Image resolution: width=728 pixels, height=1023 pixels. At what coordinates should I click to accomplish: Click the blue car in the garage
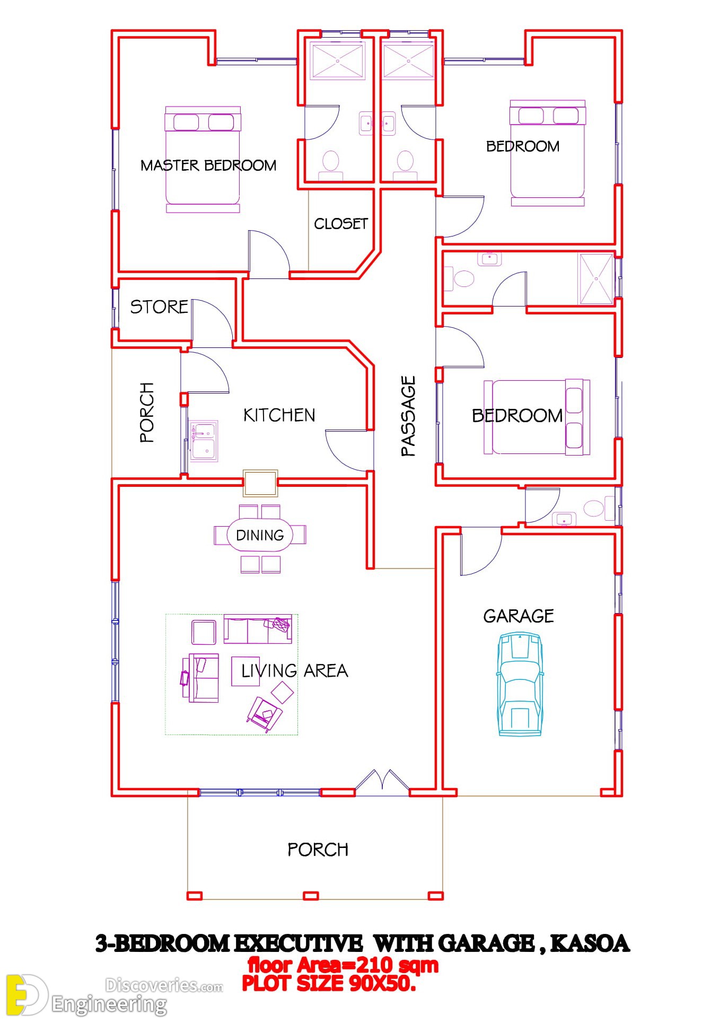pyautogui.click(x=520, y=684)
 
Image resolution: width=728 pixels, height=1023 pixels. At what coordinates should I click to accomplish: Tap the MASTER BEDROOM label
pyautogui.click(x=208, y=165)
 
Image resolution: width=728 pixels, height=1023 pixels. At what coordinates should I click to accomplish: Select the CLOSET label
pyautogui.click(x=341, y=224)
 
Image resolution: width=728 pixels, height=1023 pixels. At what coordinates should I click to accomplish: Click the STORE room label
pyautogui.click(x=159, y=307)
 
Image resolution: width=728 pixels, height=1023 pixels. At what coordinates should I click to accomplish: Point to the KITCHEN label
pyautogui.click(x=279, y=415)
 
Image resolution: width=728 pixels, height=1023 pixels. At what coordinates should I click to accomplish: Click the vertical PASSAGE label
pyautogui.click(x=408, y=416)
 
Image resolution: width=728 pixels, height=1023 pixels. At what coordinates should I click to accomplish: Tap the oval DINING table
pyautogui.click(x=260, y=535)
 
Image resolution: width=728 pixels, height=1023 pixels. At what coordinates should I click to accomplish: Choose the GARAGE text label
pyautogui.click(x=519, y=616)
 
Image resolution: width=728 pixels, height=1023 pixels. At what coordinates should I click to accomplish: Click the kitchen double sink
pyautogui.click(x=204, y=441)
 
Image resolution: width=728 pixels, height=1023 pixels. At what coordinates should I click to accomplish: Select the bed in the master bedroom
pyautogui.click(x=203, y=160)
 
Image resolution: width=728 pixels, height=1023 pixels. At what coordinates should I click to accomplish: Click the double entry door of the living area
pyautogui.click(x=382, y=782)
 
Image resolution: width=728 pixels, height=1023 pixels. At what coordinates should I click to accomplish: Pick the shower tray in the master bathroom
pyautogui.click(x=338, y=62)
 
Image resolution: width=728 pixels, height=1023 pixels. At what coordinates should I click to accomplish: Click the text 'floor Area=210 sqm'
pyautogui.click(x=344, y=965)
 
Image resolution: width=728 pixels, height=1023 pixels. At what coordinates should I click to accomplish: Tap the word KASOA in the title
pyautogui.click(x=590, y=943)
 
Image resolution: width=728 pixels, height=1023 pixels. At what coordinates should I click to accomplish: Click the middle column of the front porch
pyautogui.click(x=311, y=896)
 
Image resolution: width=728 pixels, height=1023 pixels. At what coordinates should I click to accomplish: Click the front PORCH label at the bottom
pyautogui.click(x=318, y=850)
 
